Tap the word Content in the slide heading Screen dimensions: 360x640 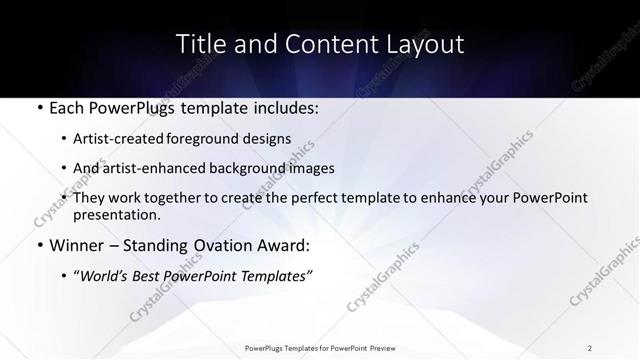coord(323,44)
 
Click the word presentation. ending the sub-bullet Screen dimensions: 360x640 coord(116,215)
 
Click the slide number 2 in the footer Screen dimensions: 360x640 coord(590,348)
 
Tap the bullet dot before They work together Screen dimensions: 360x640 coord(64,199)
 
